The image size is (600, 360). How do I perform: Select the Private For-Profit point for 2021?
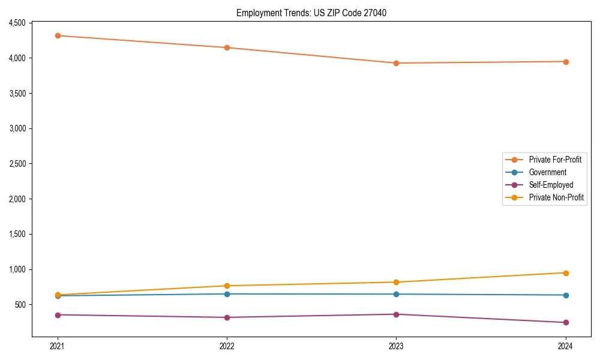click(58, 35)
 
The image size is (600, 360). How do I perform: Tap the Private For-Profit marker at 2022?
click(227, 47)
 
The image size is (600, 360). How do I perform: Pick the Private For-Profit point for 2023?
click(396, 63)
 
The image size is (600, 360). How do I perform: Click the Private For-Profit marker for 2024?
click(566, 62)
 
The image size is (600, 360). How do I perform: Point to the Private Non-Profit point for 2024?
click(566, 273)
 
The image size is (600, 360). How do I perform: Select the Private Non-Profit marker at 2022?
click(227, 286)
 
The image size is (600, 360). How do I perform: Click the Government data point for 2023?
click(396, 294)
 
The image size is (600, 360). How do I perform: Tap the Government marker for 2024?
click(566, 295)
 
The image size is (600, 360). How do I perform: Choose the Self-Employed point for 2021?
click(58, 315)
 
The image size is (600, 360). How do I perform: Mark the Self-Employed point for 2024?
click(566, 323)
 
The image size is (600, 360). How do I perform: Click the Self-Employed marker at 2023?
click(396, 314)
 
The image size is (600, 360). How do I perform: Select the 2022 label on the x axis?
click(227, 346)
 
